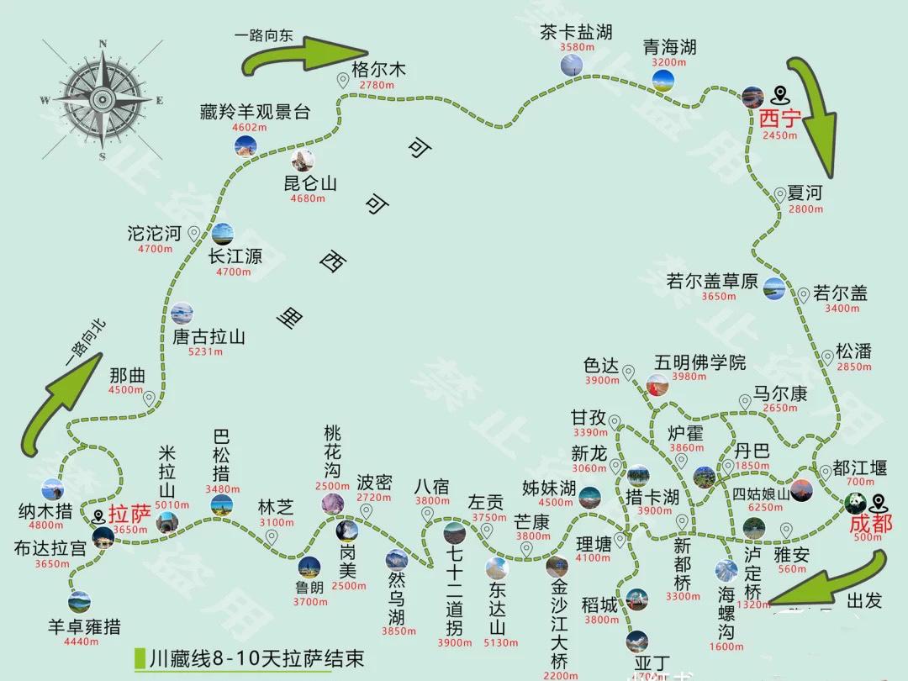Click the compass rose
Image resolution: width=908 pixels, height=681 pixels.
pos(102,99)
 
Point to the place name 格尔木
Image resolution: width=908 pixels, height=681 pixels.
pos(378,69)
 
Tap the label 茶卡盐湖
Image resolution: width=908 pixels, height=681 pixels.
pos(577,33)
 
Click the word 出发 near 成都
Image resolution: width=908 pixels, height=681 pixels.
pos(866,601)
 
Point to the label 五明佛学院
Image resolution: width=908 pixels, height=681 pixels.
pos(700,363)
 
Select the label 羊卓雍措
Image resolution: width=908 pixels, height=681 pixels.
pos(84,626)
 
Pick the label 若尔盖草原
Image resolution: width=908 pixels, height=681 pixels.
pos(711,282)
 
